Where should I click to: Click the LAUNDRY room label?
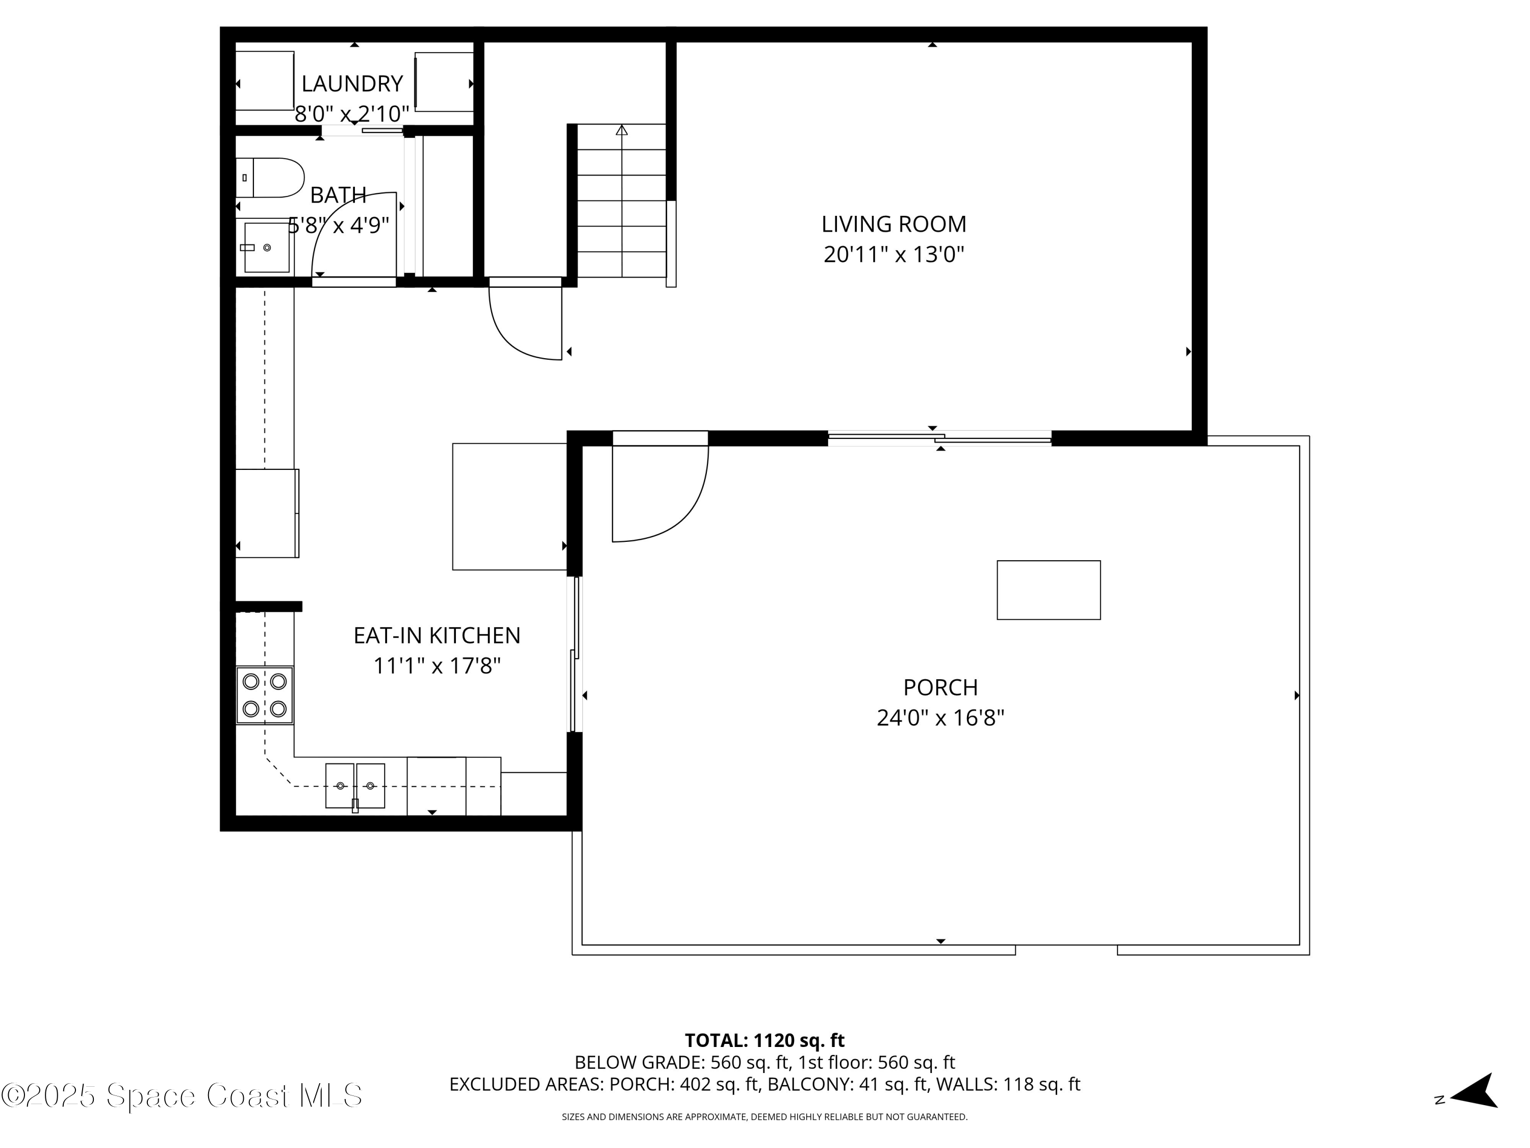(352, 84)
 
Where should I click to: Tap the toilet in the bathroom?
(273, 178)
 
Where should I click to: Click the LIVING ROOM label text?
(894, 224)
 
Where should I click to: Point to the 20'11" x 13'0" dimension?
(894, 255)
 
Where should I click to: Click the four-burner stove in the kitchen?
(265, 695)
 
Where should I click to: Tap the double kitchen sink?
(355, 785)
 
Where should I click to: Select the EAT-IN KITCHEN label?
(437, 635)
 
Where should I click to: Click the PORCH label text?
(940, 687)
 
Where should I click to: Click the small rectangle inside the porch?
(1048, 590)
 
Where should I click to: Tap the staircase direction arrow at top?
(621, 130)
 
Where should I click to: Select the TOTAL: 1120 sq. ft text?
(764, 1040)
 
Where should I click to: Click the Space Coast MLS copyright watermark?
(181, 1095)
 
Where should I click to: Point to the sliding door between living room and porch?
(939, 437)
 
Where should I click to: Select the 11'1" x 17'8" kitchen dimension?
(437, 666)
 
